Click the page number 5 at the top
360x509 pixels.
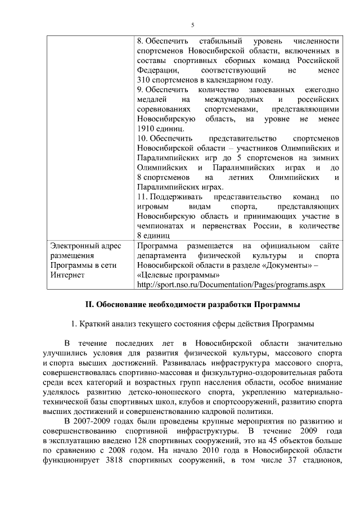[192, 25]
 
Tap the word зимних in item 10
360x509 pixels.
[326, 158]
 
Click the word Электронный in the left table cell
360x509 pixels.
[70, 246]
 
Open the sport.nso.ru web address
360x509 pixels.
[231, 285]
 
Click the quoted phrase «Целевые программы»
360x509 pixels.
[178, 275]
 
